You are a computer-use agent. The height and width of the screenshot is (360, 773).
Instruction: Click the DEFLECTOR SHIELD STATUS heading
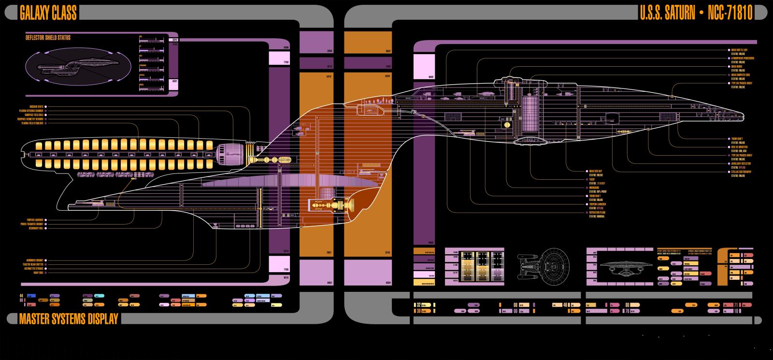[48, 38]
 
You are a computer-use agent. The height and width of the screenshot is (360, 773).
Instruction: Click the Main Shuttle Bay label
[740, 50]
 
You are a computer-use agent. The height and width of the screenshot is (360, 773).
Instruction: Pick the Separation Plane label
[597, 212]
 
